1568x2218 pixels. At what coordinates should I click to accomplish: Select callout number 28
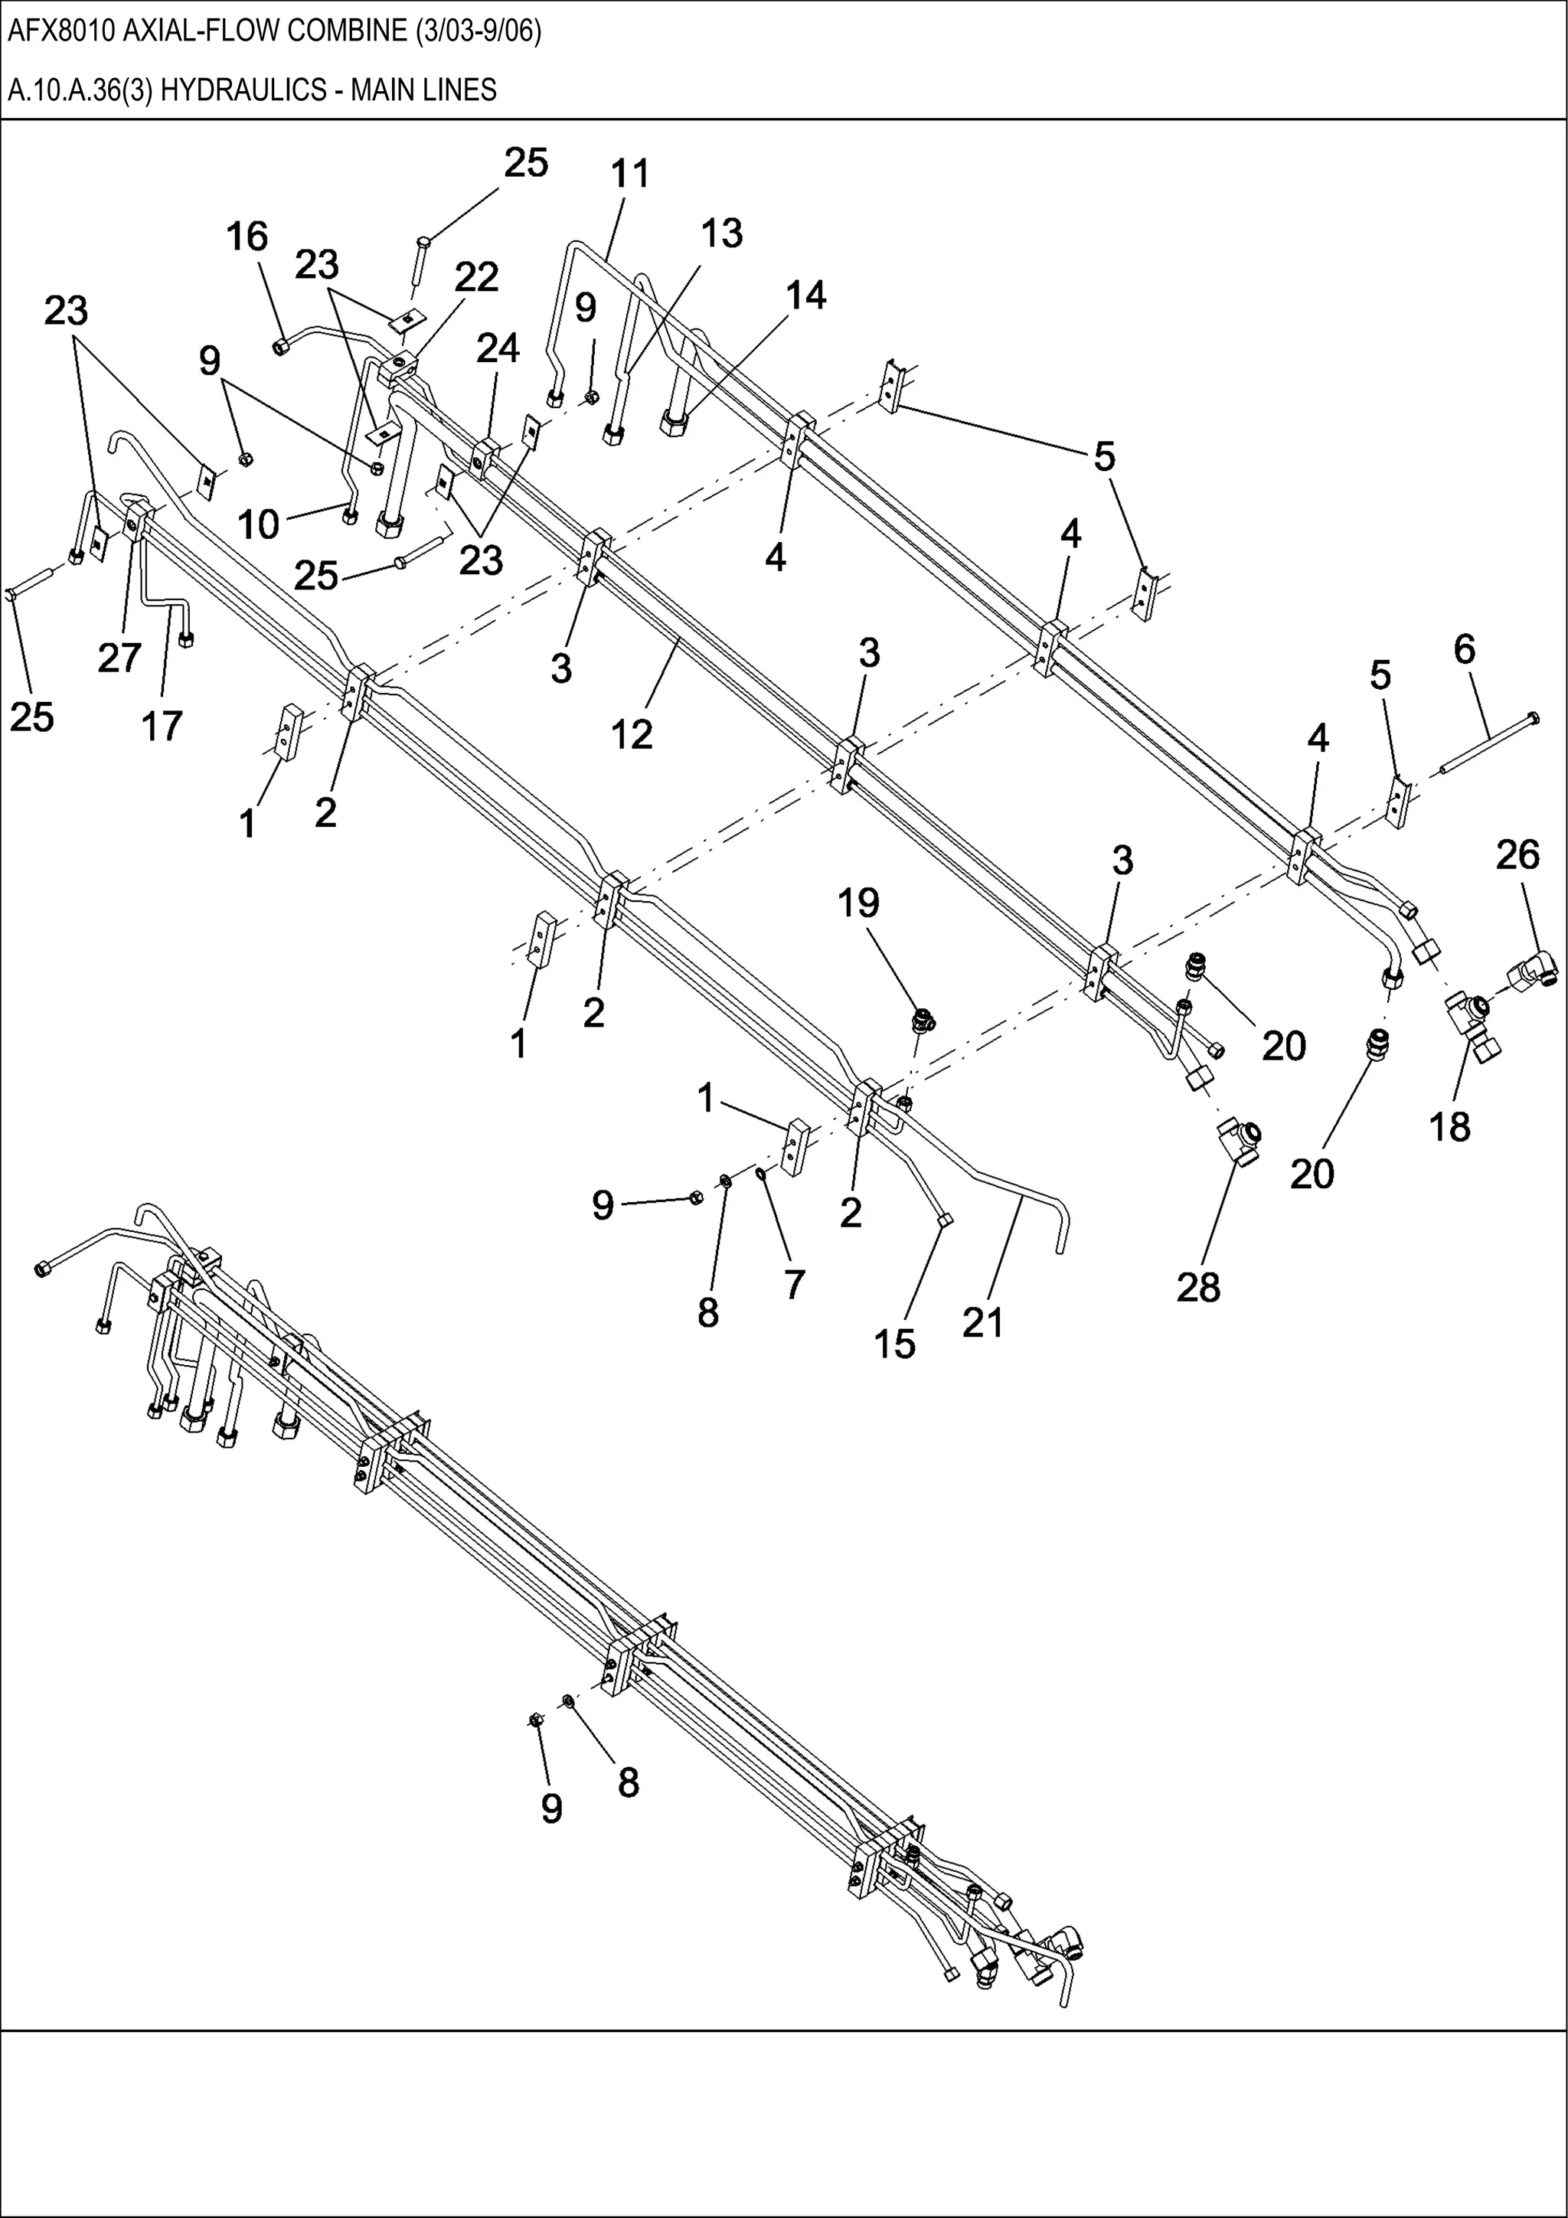pyautogui.click(x=1198, y=1287)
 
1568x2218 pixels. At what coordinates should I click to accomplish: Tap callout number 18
pyautogui.click(x=1449, y=1125)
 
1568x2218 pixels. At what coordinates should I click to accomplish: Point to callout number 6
pyautogui.click(x=1465, y=649)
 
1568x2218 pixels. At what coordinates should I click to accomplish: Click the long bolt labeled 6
pyautogui.click(x=1487, y=745)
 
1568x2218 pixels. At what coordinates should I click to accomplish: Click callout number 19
pyautogui.click(x=858, y=903)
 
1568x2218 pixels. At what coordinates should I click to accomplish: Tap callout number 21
pyautogui.click(x=982, y=1322)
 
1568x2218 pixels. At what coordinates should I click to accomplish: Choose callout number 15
pyautogui.click(x=893, y=1344)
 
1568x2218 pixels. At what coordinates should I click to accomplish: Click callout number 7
pyautogui.click(x=794, y=1284)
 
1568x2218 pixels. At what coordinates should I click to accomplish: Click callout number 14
pyautogui.click(x=805, y=295)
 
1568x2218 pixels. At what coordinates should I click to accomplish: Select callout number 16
pyautogui.click(x=247, y=236)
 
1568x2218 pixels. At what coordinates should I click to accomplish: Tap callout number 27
pyautogui.click(x=119, y=658)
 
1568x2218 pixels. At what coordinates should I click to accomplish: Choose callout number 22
pyautogui.click(x=476, y=277)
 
